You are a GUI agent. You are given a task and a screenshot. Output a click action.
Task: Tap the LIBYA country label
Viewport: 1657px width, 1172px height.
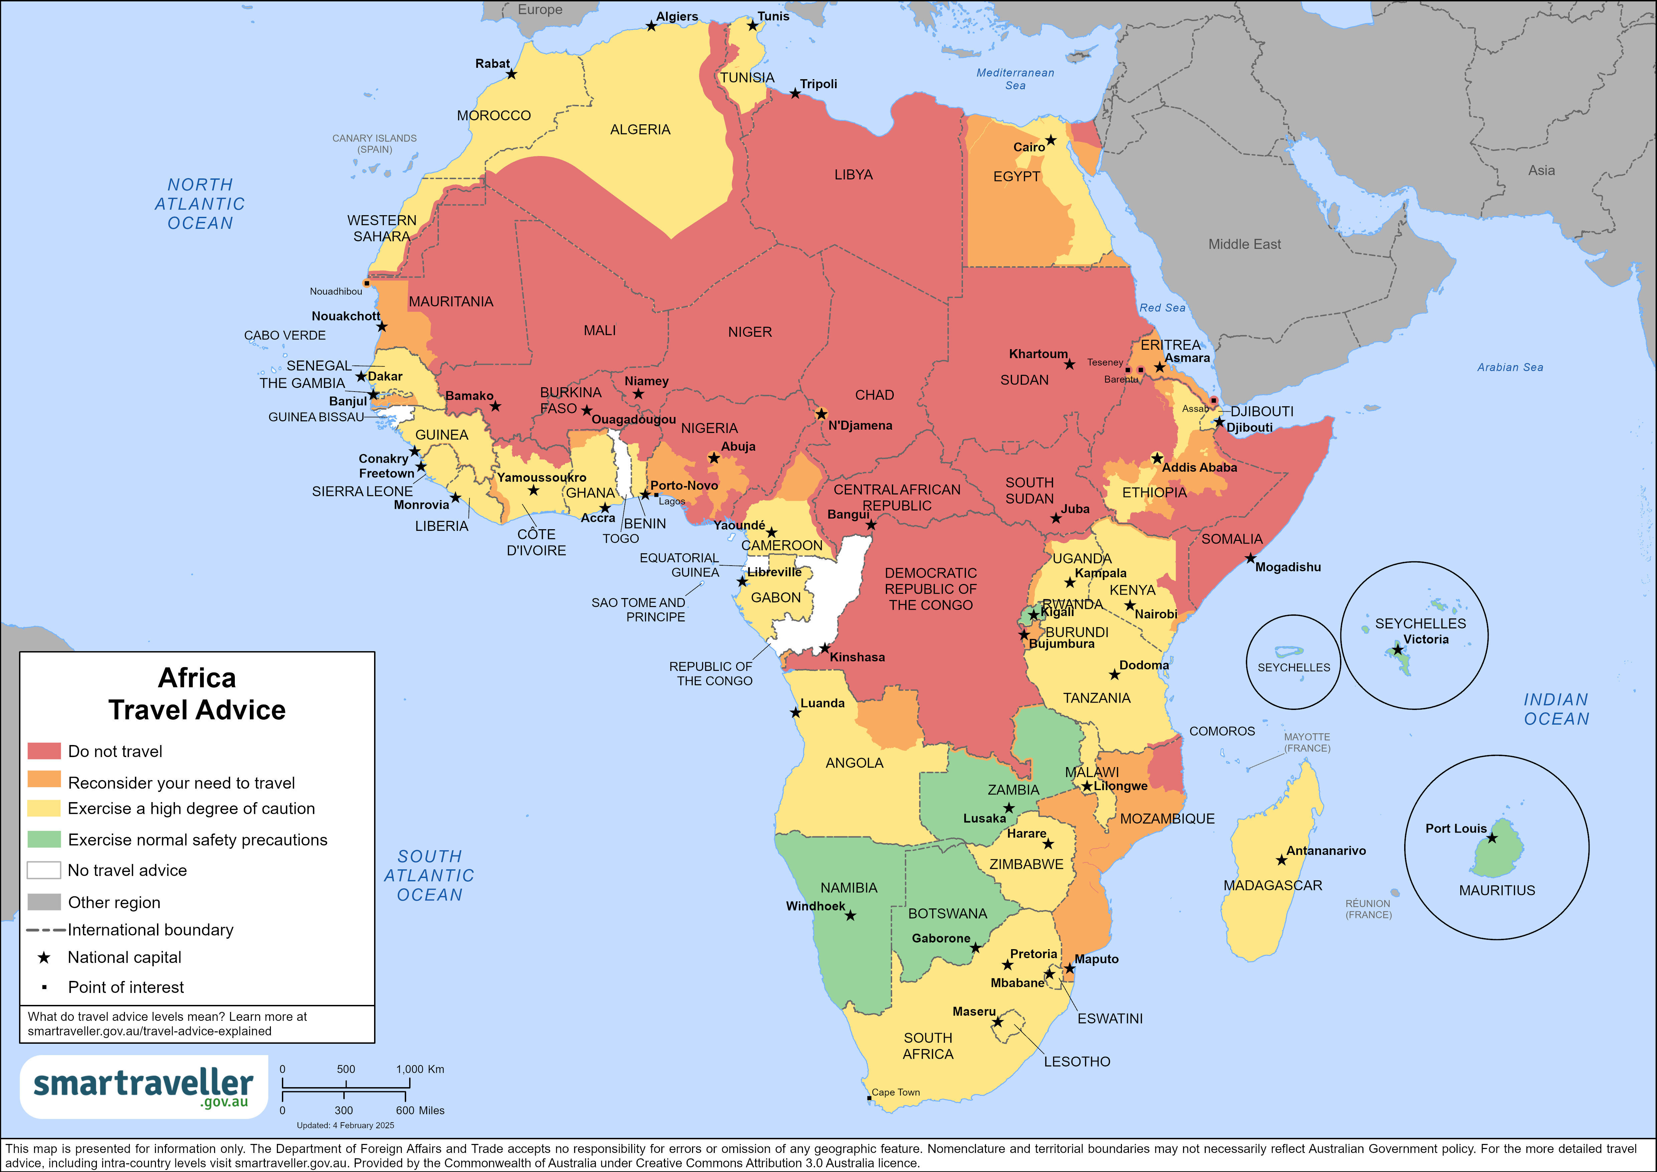coord(853,175)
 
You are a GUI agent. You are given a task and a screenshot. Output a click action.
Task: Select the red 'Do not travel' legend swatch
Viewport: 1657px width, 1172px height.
coord(43,751)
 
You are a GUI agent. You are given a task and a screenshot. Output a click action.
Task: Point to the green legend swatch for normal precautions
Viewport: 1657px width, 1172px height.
coord(43,839)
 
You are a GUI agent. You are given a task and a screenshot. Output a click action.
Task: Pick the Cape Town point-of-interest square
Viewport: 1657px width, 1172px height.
coord(869,1098)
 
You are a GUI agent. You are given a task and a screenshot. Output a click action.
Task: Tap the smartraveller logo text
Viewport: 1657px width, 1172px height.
coord(143,1083)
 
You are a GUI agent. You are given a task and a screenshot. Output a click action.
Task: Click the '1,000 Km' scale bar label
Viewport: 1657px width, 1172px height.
coord(420,1069)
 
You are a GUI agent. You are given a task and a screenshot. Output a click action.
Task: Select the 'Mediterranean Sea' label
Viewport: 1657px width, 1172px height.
coord(1015,79)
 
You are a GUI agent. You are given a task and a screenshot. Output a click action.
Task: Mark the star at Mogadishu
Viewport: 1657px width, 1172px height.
coord(1250,558)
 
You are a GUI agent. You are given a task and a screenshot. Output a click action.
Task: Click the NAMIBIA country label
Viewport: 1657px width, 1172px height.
coord(849,888)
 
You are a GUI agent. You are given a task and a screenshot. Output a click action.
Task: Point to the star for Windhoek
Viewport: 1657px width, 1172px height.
coord(850,915)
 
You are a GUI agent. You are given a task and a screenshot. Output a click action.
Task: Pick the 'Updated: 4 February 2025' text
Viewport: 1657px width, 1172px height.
coord(345,1125)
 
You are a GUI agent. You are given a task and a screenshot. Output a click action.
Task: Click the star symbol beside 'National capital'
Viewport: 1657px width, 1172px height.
coord(44,957)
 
